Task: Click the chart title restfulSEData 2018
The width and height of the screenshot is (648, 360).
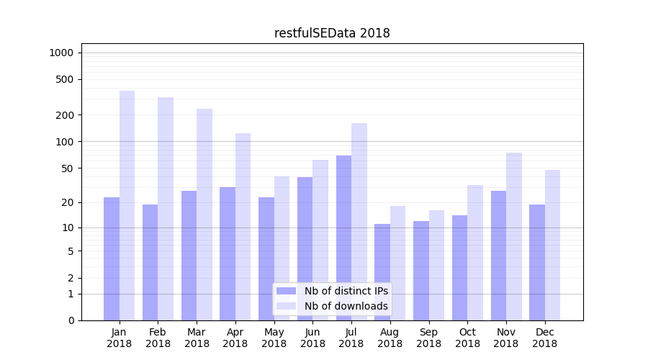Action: (332, 33)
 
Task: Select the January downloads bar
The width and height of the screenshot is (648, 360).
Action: (127, 205)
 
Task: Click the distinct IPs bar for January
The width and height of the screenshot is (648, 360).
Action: (112, 258)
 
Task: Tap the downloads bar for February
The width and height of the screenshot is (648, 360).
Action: (166, 209)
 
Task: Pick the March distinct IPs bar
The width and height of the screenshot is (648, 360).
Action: (189, 256)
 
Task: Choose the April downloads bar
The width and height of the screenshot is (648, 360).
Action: (243, 227)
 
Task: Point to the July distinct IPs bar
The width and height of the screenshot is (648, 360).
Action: (343, 238)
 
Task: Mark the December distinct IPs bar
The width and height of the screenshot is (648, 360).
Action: (537, 262)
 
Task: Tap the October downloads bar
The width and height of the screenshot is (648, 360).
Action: (475, 253)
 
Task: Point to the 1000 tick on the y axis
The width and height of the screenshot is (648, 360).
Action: (61, 53)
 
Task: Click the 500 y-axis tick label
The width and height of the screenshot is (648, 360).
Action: (65, 79)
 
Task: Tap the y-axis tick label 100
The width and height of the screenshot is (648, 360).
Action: (65, 142)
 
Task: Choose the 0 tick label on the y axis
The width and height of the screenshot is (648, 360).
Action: (71, 320)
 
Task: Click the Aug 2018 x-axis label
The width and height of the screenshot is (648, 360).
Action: (390, 338)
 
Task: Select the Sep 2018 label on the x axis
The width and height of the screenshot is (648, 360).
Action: (428, 338)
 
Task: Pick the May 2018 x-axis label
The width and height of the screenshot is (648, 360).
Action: (274, 338)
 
